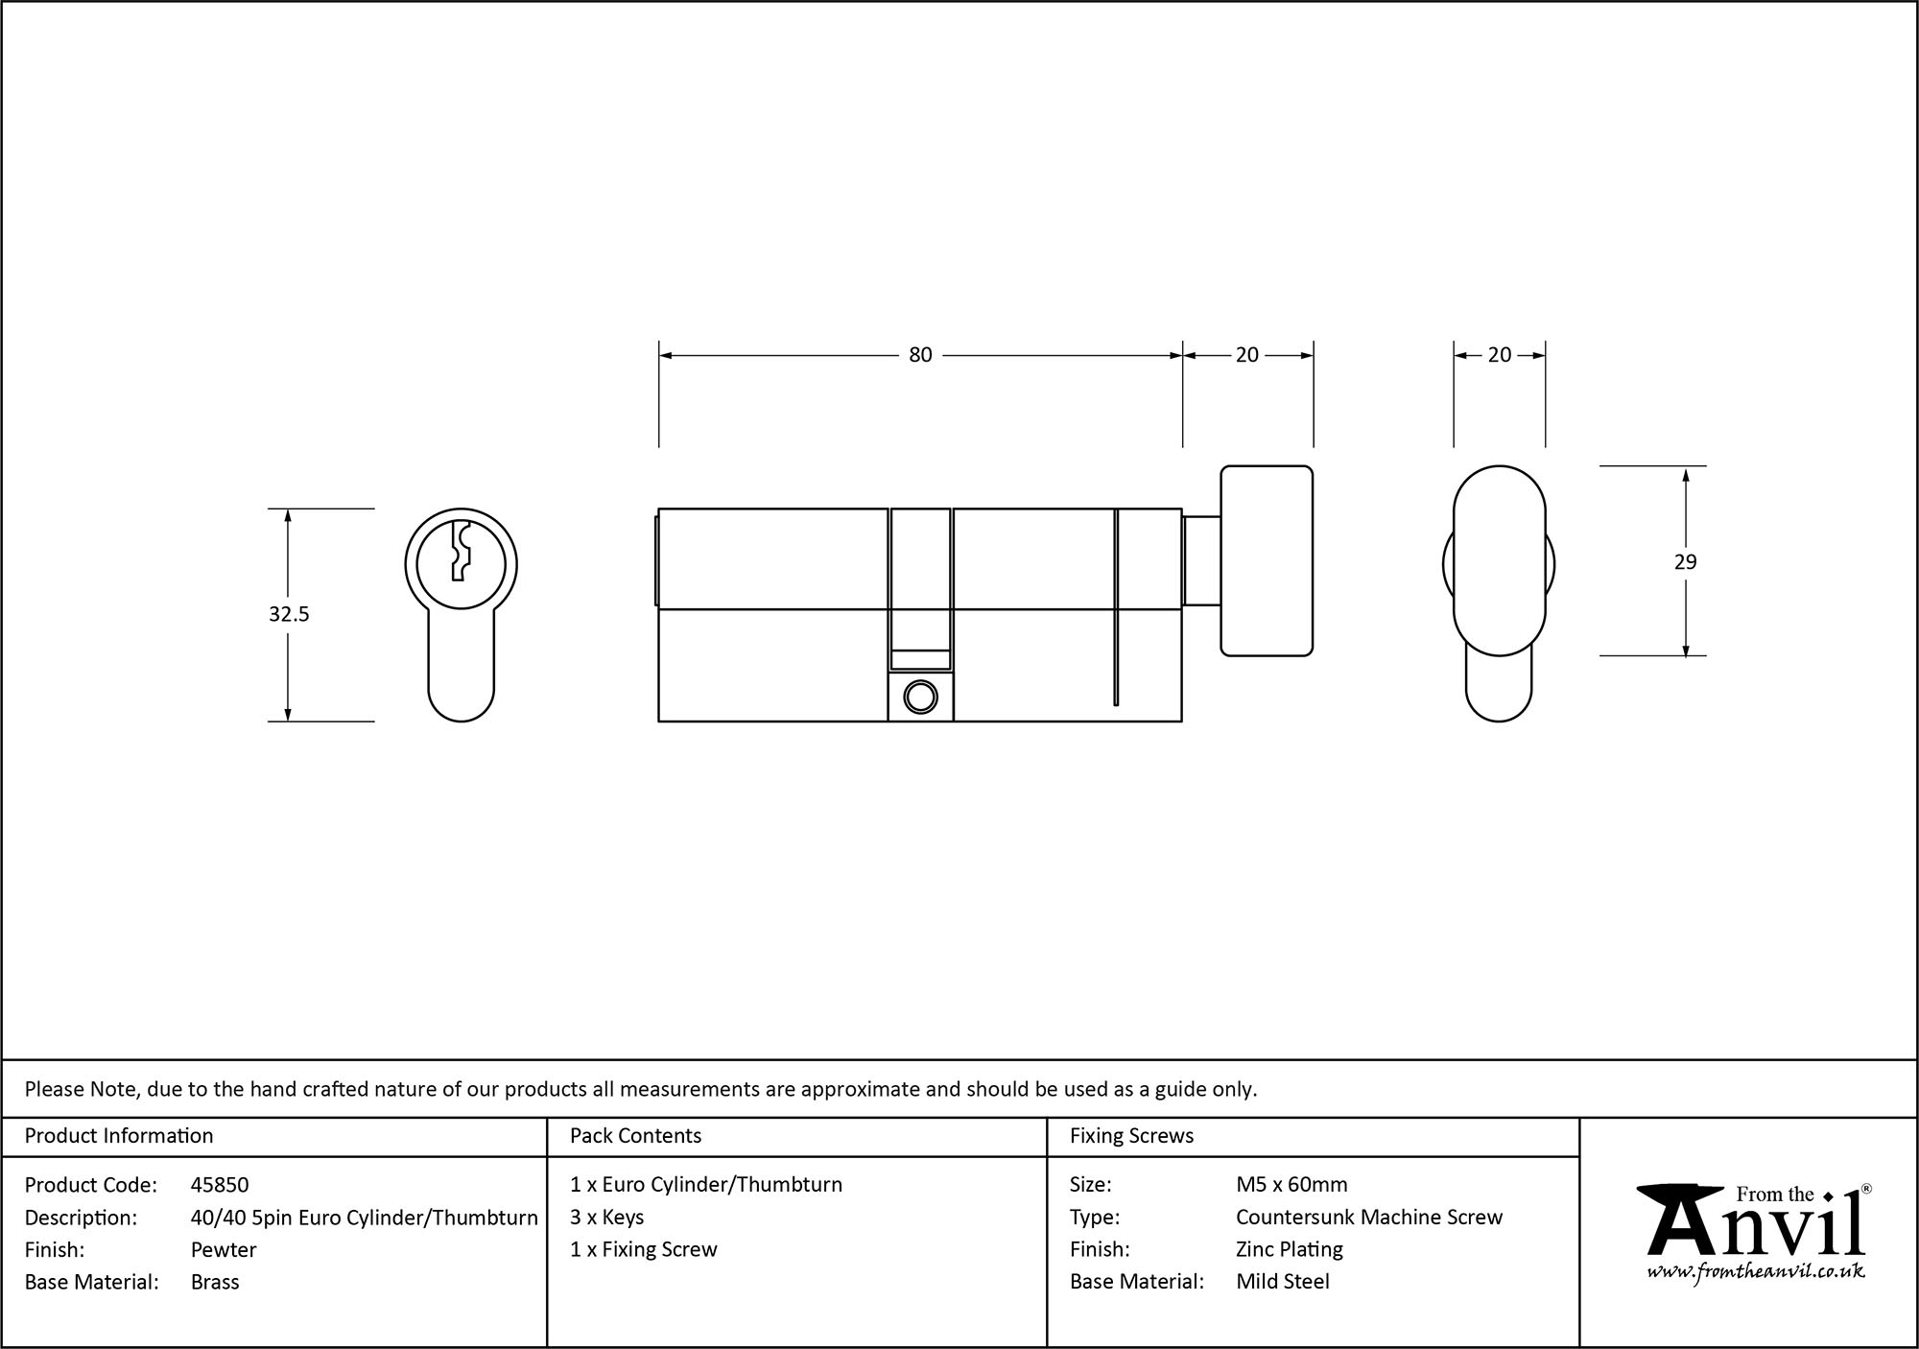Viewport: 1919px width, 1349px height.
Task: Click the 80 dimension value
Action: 919,355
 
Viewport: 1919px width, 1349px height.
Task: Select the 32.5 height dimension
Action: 289,614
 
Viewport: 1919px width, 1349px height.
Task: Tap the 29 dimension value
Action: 1685,562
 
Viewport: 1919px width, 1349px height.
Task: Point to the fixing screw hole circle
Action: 920,698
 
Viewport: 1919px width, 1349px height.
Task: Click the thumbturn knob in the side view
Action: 1267,560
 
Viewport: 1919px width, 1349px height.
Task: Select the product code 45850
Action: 220,1185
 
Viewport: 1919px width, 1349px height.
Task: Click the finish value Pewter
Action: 224,1249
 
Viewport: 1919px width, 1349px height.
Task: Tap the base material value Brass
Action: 215,1282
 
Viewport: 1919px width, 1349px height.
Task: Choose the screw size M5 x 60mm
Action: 1291,1185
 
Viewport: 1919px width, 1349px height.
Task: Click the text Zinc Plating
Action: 1289,1249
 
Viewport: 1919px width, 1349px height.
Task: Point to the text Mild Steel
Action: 1282,1282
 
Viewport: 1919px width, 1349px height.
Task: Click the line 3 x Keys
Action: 606,1218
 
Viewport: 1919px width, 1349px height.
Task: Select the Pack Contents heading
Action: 635,1136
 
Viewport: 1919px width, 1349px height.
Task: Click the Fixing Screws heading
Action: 1131,1136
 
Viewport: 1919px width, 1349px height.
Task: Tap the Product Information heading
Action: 119,1136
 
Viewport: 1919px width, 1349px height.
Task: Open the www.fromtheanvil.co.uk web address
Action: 1755,1272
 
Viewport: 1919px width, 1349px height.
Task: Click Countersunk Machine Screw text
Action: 1368,1218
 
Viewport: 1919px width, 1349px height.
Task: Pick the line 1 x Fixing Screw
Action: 643,1249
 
